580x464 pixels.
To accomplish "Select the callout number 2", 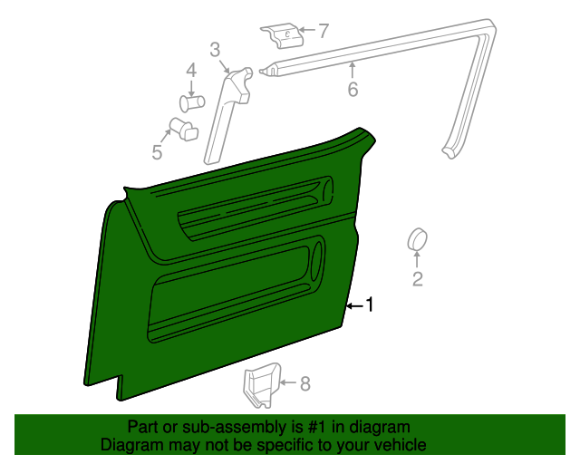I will pyautogui.click(x=418, y=279).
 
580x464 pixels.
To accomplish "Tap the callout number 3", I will pyautogui.click(x=215, y=49).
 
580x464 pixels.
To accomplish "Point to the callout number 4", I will pyautogui.click(x=191, y=71).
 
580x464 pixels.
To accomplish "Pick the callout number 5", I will pyautogui.click(x=157, y=152).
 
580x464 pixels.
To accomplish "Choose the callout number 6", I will pyautogui.click(x=353, y=89).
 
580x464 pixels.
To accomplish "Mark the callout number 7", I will pyautogui.click(x=323, y=32).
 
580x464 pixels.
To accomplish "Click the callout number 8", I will pyautogui.click(x=304, y=384).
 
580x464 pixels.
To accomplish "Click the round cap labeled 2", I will pyautogui.click(x=418, y=240).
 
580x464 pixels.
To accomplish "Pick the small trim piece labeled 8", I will pyautogui.click(x=262, y=385).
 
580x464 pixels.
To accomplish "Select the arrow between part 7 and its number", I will pyautogui.click(x=306, y=32).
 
